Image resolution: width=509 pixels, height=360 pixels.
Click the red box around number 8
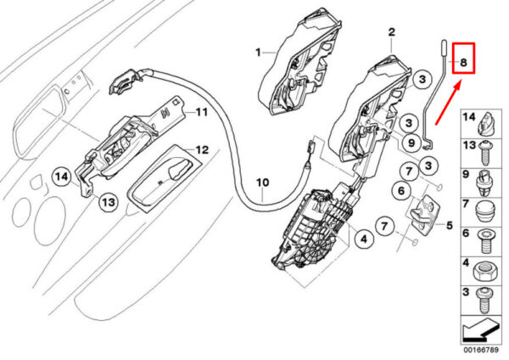pyautogui.click(x=463, y=59)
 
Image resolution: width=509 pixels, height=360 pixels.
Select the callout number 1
pyautogui.click(x=257, y=52)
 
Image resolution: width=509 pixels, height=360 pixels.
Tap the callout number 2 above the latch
pyautogui.click(x=392, y=33)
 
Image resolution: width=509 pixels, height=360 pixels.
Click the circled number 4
pyautogui.click(x=362, y=239)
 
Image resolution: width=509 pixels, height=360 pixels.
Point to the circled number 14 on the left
pyautogui.click(x=60, y=177)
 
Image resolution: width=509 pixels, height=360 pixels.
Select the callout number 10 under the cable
pyautogui.click(x=261, y=183)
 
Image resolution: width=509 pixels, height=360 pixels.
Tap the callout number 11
pyautogui.click(x=202, y=111)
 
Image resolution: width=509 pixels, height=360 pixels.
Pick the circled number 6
pyautogui.click(x=401, y=193)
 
